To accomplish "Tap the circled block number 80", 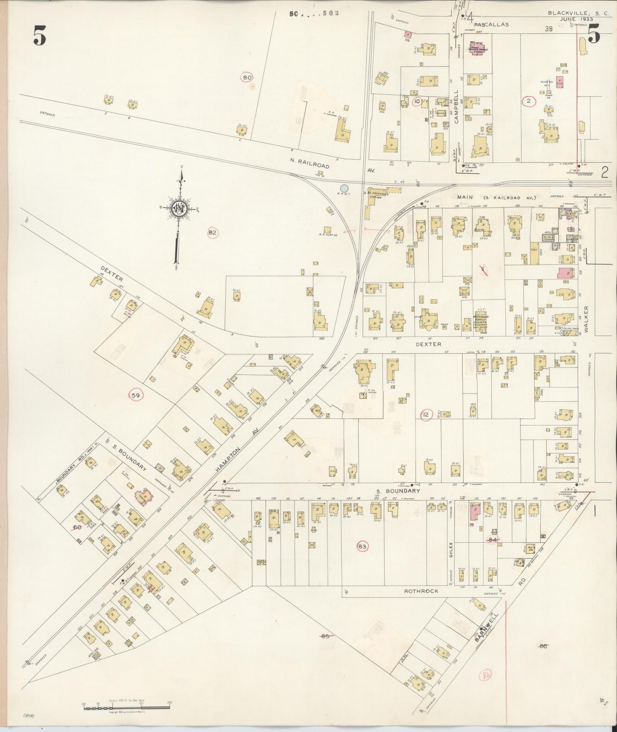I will click(247, 78).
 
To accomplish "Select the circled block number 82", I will click(213, 233).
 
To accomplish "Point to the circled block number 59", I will click(136, 395).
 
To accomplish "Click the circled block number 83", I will click(363, 546).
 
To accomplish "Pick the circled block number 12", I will click(426, 414).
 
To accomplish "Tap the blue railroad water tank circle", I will click(344, 187).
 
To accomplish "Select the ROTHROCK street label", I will click(419, 591).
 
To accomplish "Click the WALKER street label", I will click(586, 319).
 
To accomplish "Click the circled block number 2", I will click(529, 101).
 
